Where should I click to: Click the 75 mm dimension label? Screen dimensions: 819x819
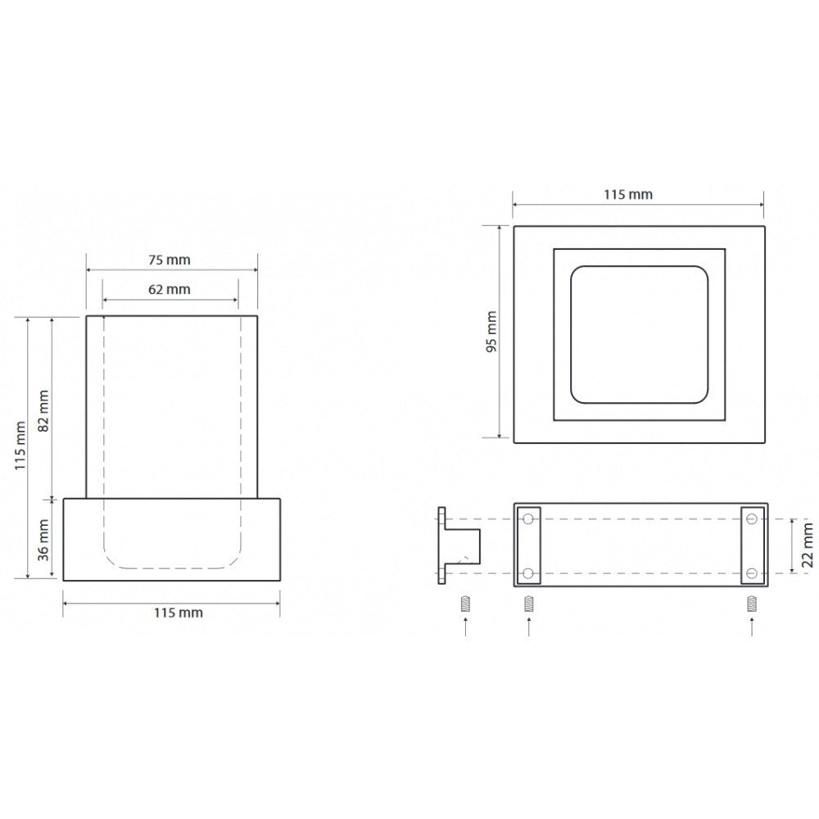(x=170, y=260)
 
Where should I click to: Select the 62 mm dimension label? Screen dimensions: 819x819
(x=170, y=289)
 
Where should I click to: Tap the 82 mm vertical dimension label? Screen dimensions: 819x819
(x=43, y=410)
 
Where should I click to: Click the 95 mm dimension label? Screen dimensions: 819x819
(x=491, y=332)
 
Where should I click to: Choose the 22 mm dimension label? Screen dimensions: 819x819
(x=808, y=545)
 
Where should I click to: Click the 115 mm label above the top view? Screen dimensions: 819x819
(x=628, y=194)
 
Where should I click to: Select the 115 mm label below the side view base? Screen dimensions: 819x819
(x=178, y=612)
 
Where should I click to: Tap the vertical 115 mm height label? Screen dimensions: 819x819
(x=20, y=446)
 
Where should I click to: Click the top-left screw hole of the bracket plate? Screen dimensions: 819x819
(x=528, y=519)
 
